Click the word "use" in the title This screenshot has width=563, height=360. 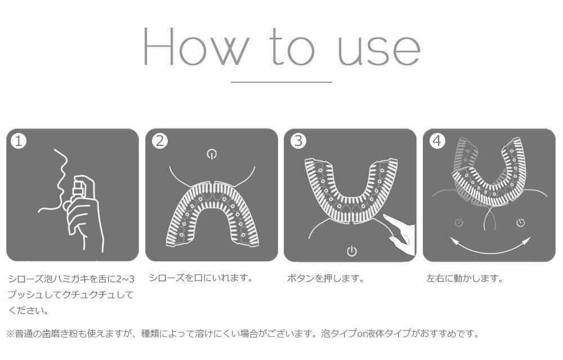click(x=378, y=50)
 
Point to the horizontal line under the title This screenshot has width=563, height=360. click(x=281, y=82)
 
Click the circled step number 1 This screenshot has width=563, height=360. click(x=19, y=141)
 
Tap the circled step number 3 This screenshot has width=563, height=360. click(x=298, y=141)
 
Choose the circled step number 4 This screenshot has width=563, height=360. click(x=437, y=141)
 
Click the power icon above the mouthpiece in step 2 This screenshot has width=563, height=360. click(x=212, y=154)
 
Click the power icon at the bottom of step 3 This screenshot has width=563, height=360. click(x=351, y=251)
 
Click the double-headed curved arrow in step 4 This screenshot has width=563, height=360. click(x=490, y=246)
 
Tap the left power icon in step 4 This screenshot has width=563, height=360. click(x=459, y=223)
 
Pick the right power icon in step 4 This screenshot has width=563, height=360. click(x=520, y=223)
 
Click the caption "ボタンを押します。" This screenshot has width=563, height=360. click(x=325, y=278)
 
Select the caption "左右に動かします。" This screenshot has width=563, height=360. click(x=464, y=278)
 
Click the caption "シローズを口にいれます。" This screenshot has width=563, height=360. click(x=200, y=278)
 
